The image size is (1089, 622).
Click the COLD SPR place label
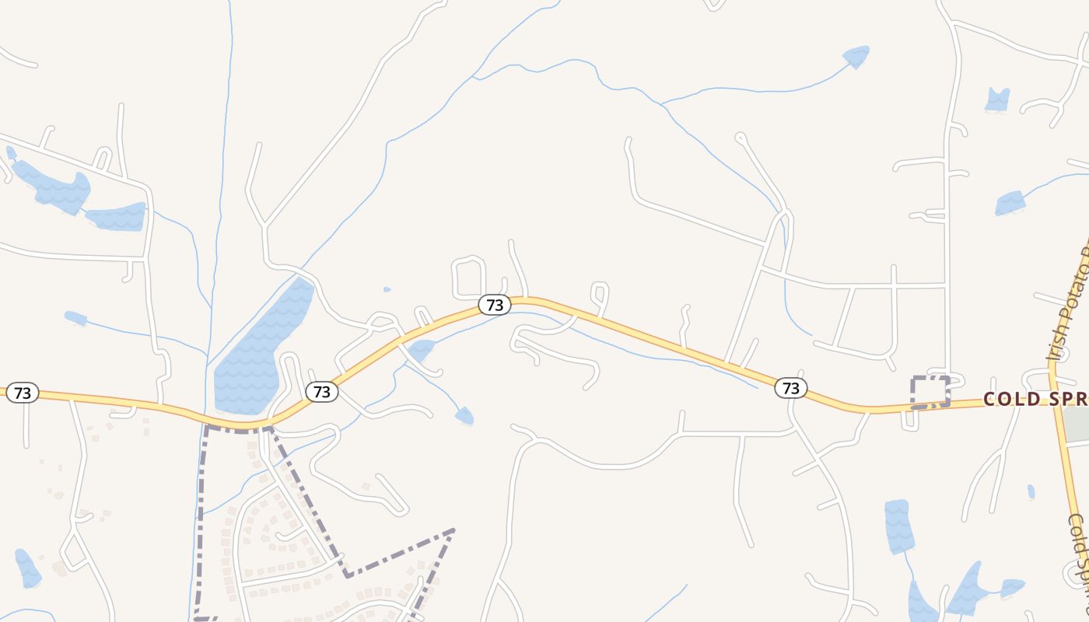coord(1035,399)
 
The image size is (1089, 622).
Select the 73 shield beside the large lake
coord(322,392)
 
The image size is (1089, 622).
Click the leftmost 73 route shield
coord(23,393)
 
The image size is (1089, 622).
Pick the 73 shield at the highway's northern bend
coord(495,306)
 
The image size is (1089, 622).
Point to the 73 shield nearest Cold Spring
coord(790,388)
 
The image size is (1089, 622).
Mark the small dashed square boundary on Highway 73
coord(930,392)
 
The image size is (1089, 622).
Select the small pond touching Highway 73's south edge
coord(421,350)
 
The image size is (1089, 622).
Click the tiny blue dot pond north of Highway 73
coord(387,290)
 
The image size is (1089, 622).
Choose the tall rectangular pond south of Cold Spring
coord(898,526)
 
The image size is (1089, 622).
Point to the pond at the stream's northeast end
coord(856,57)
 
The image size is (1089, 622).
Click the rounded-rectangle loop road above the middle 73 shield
coord(468,276)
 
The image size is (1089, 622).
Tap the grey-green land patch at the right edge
coord(1077,425)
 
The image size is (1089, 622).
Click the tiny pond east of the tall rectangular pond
coord(1031,491)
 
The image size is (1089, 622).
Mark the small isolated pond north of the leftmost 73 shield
coord(75,318)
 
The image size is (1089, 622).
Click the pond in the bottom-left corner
coord(28,569)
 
